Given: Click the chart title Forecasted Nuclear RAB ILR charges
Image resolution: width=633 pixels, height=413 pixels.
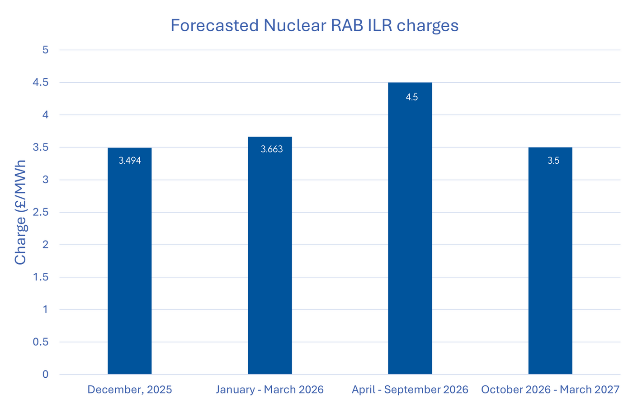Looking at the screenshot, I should pyautogui.click(x=314, y=25).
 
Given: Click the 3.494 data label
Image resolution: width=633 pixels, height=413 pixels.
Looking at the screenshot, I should pyautogui.click(x=130, y=161).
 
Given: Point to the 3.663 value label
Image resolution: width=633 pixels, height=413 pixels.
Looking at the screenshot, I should pyautogui.click(x=272, y=149).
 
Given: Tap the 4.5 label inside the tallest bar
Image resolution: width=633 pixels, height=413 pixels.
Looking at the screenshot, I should pyautogui.click(x=412, y=97).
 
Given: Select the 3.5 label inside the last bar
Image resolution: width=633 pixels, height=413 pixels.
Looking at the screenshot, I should pyautogui.click(x=553, y=161).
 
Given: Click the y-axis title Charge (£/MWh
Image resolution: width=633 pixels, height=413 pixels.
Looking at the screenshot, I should pyautogui.click(x=20, y=212).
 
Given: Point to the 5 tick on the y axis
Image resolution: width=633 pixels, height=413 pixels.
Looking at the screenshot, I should pyautogui.click(x=45, y=50).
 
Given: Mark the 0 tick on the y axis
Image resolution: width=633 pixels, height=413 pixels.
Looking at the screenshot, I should pyautogui.click(x=45, y=374).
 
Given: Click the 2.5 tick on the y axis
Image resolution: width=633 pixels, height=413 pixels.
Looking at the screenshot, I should pyautogui.click(x=41, y=212).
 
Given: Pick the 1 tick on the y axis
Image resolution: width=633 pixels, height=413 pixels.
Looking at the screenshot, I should pyautogui.click(x=45, y=309).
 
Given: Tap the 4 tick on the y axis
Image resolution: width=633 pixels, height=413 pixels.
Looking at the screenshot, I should pyautogui.click(x=45, y=115).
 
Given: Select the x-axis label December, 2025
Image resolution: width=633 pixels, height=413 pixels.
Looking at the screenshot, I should pyautogui.click(x=129, y=389).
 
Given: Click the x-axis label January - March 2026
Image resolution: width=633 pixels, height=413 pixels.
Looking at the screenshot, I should pyautogui.click(x=269, y=389).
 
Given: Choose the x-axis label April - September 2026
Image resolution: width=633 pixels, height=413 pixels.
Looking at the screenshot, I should pyautogui.click(x=410, y=389).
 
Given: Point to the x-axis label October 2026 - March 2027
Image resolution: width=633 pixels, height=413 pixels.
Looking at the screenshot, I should pyautogui.click(x=550, y=389).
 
